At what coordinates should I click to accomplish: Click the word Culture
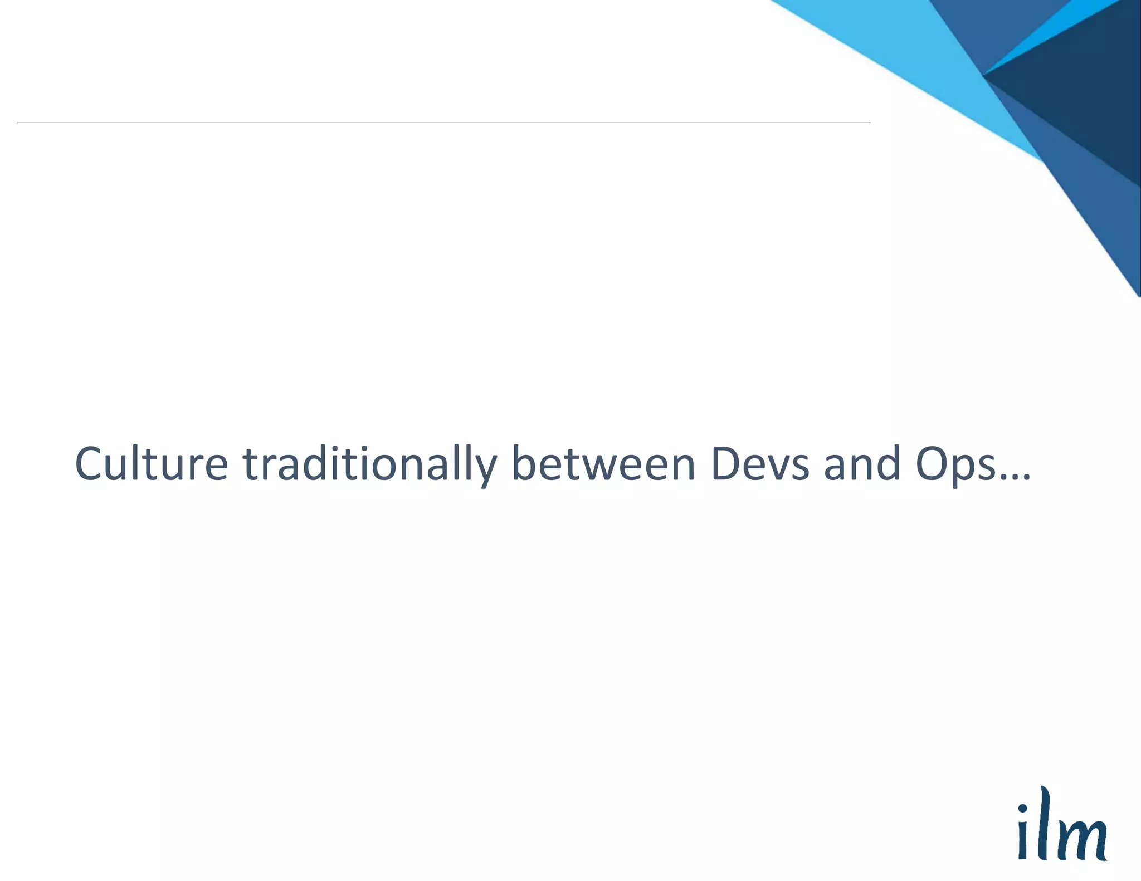[152, 464]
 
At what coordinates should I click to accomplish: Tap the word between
[603, 464]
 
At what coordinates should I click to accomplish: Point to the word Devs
[760, 464]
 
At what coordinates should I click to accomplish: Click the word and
[862, 464]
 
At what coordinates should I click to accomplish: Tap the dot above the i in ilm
[1023, 808]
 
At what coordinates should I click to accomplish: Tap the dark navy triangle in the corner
[1086, 84]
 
